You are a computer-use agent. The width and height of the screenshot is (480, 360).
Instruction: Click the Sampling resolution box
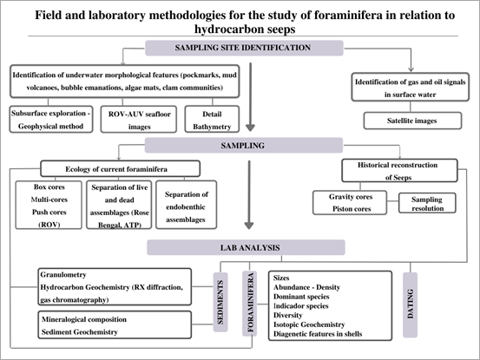pyautogui.click(x=425, y=203)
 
